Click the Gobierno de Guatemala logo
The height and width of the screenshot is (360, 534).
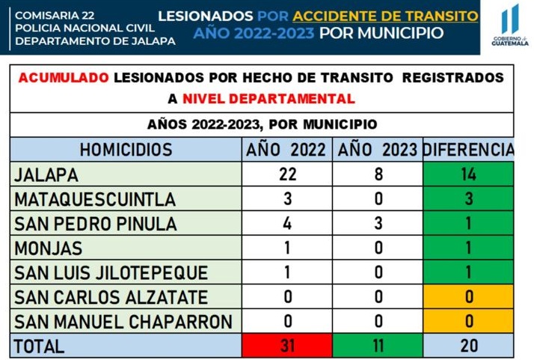click(x=510, y=25)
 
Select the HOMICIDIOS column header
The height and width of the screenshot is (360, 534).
click(x=126, y=150)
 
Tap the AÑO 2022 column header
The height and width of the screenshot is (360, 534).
click(x=286, y=150)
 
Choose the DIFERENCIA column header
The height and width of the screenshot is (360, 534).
click(x=468, y=150)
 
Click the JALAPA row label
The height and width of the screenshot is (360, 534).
click(x=46, y=175)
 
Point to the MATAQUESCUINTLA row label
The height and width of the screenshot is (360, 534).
click(x=95, y=199)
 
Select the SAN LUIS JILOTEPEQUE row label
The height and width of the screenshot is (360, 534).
click(x=111, y=272)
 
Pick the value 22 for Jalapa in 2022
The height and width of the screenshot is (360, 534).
click(x=287, y=174)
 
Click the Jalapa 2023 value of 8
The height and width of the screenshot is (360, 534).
click(x=378, y=174)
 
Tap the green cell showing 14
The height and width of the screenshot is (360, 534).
click(x=468, y=174)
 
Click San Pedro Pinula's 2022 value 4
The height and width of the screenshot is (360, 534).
click(x=287, y=223)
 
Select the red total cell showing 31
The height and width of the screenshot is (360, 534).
click(x=287, y=346)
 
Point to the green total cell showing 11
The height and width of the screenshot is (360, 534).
click(x=378, y=346)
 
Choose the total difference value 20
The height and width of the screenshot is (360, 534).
click(x=469, y=346)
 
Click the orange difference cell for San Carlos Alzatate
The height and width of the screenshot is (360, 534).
click(x=468, y=296)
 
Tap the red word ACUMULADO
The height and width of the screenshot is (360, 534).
click(x=64, y=78)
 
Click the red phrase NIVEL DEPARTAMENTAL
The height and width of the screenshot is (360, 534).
click(x=268, y=99)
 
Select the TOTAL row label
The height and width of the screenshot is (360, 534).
click(x=39, y=347)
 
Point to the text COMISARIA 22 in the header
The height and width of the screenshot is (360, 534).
click(x=55, y=15)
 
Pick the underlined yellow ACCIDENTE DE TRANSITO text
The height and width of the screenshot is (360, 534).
click(x=385, y=16)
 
